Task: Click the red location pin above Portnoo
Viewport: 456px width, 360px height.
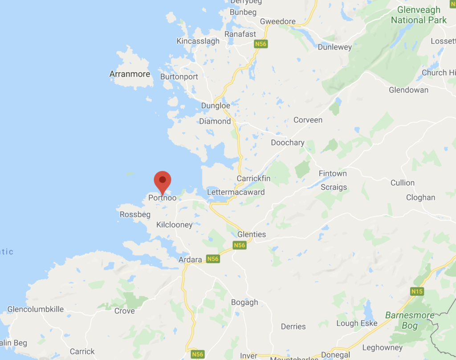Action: pos(163,180)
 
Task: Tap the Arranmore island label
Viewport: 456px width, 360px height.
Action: pos(130,74)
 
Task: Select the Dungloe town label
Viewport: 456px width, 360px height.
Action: pos(216,106)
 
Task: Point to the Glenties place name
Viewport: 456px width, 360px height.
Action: pos(252,234)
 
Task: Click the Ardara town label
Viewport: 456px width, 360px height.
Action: pos(190,260)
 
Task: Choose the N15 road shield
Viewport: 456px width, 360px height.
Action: pos(417,291)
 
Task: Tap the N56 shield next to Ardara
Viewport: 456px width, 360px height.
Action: pos(213,259)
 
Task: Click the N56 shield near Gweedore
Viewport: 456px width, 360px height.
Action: pos(261,44)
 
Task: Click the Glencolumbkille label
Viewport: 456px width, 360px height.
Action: pos(36,309)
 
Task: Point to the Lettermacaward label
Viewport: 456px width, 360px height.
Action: pos(236,192)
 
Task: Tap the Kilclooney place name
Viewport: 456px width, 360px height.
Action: pos(174,225)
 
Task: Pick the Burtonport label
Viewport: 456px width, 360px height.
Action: pos(179,77)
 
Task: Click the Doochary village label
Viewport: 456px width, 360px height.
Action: pos(288,143)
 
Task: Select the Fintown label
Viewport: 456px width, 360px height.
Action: pos(333,173)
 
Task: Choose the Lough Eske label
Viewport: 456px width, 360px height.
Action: pos(357,323)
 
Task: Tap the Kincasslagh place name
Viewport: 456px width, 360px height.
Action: pos(198,41)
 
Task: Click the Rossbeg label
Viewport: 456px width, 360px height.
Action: pos(135,215)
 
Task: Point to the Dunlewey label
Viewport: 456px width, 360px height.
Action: pos(335,47)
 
